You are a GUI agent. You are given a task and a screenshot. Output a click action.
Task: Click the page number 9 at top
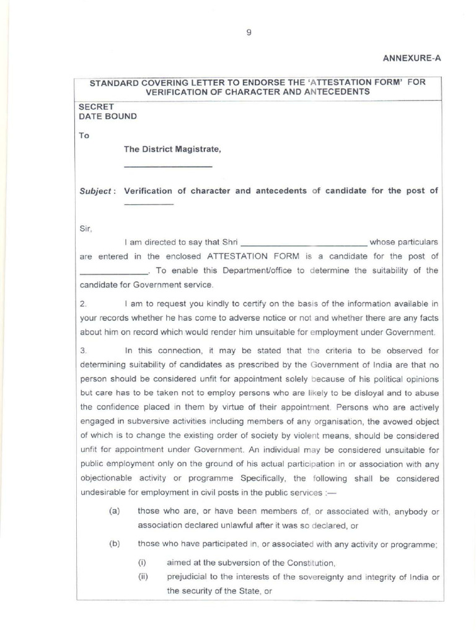pos(249,33)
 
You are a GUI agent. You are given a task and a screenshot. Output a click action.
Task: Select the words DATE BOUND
pos(108,116)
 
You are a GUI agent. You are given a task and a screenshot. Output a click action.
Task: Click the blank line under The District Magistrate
pos(168,167)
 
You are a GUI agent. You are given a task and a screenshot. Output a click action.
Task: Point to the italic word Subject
pos(97,191)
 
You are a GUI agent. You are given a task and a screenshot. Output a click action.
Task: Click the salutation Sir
pos(86,228)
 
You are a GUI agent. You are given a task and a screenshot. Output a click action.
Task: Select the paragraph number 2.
pos(84,303)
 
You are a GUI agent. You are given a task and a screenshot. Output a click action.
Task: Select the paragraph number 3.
pos(84,350)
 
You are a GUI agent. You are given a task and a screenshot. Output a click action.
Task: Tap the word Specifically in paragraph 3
pos(267,479)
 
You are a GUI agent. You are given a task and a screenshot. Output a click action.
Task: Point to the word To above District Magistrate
pos(84,135)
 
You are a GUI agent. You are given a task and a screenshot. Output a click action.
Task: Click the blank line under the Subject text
pos(148,204)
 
